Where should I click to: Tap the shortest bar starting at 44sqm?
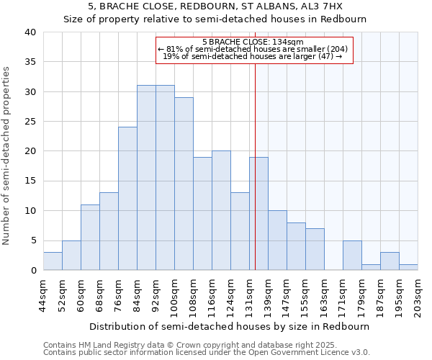pyautogui.click(x=53, y=261)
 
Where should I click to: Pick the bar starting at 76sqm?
pyautogui.click(x=127, y=199)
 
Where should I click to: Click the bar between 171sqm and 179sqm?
pyautogui.click(x=352, y=256)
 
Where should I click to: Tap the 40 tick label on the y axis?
pyautogui.click(x=30, y=32)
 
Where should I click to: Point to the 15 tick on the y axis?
pyautogui.click(x=30, y=181)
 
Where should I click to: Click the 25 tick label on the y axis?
pyautogui.click(x=30, y=122)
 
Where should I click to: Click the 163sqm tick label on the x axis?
pyautogui.click(x=324, y=294)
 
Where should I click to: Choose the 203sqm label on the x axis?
pyautogui.click(x=418, y=294)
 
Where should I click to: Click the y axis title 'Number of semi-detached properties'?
pyautogui.click(x=7, y=156)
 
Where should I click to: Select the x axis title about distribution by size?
pyautogui.click(x=230, y=326)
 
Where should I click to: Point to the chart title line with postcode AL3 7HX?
pyautogui.click(x=215, y=6)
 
